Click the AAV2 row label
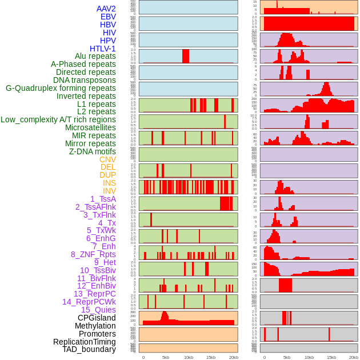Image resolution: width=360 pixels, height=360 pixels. point(106,9)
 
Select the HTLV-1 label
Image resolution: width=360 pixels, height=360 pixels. point(103,49)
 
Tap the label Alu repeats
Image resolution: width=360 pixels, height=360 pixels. point(95,57)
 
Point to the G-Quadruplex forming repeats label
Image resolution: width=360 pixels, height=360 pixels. point(61,88)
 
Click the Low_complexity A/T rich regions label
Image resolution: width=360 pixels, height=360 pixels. point(58,120)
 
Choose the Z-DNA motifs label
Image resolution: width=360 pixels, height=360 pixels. point(93,151)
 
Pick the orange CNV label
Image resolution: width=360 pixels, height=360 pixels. point(107,159)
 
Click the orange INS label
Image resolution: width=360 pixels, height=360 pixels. point(109,183)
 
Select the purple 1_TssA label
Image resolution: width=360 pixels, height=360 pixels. point(103,199)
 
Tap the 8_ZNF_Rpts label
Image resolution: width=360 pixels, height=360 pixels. point(93,254)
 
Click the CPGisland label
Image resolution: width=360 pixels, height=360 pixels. point(97,318)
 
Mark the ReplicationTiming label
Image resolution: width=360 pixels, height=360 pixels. point(85,342)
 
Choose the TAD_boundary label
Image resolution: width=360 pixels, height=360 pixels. point(89,349)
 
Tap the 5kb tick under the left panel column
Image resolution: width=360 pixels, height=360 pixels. point(166,357)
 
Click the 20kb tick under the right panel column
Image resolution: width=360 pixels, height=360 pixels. point(354,357)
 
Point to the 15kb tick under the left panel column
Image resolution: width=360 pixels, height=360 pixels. point(210,357)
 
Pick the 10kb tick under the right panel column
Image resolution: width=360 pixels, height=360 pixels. point(309,357)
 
